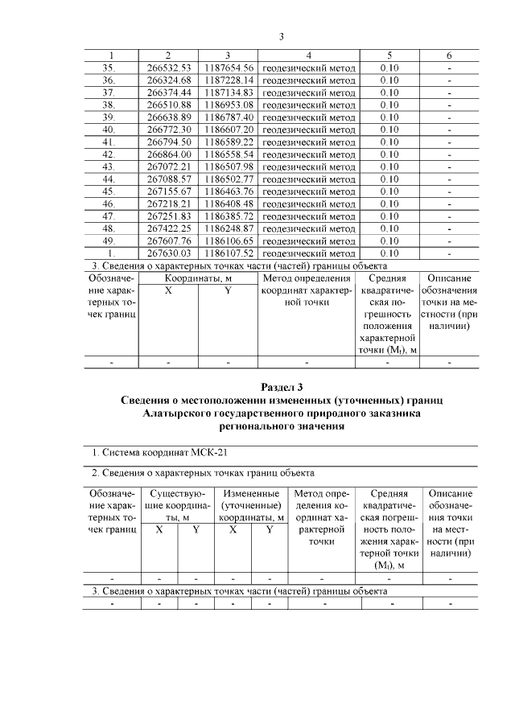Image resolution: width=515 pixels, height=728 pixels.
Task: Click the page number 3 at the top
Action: (282, 36)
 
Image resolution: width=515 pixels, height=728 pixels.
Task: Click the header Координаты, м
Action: (199, 278)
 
